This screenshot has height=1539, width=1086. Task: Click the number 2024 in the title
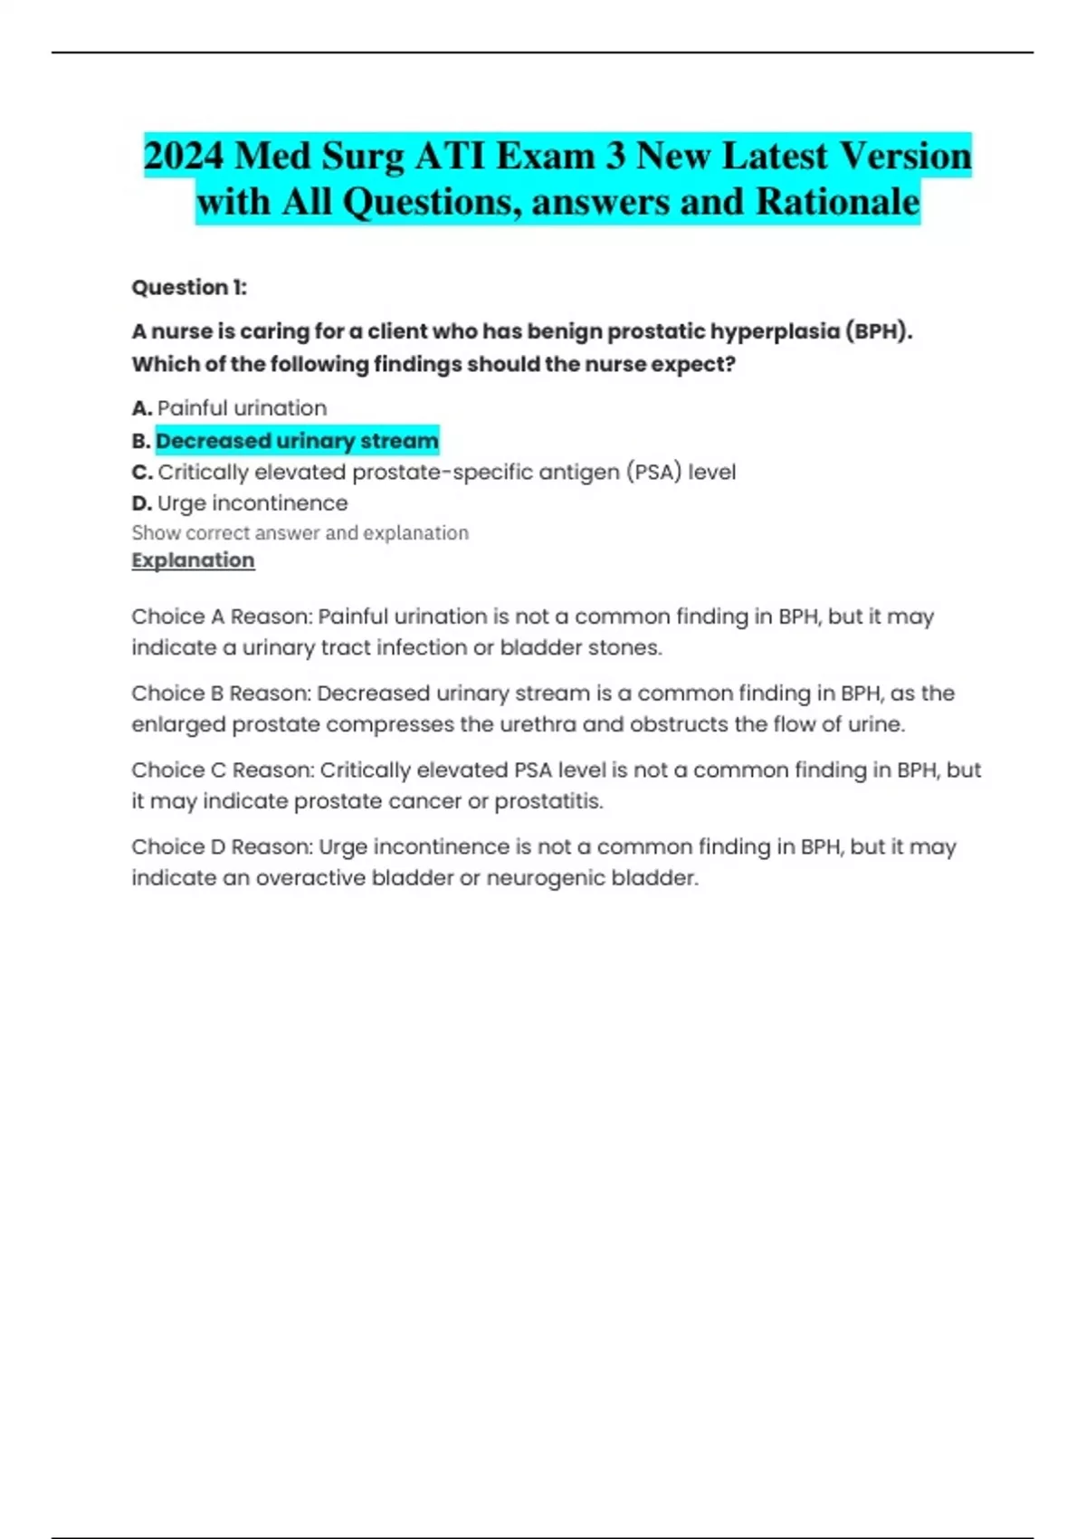tap(184, 156)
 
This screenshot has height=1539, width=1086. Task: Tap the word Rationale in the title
tap(837, 201)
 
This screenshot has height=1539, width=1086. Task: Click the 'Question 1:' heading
tap(189, 288)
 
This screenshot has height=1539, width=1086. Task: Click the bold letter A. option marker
tap(141, 408)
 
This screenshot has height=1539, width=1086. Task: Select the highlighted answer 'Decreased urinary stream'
tap(297, 441)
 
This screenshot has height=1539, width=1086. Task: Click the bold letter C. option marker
tap(141, 473)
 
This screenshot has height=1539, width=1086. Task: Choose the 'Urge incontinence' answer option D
tap(252, 503)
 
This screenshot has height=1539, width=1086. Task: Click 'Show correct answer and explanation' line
tap(300, 533)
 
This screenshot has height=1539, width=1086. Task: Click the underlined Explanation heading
tap(193, 560)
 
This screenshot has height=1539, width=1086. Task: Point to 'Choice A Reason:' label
tap(222, 617)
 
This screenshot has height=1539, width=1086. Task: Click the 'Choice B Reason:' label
tap(222, 693)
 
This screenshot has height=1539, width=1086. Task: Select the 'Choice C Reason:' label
tap(223, 770)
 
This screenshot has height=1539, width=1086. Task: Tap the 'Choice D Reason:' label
tap(222, 847)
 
